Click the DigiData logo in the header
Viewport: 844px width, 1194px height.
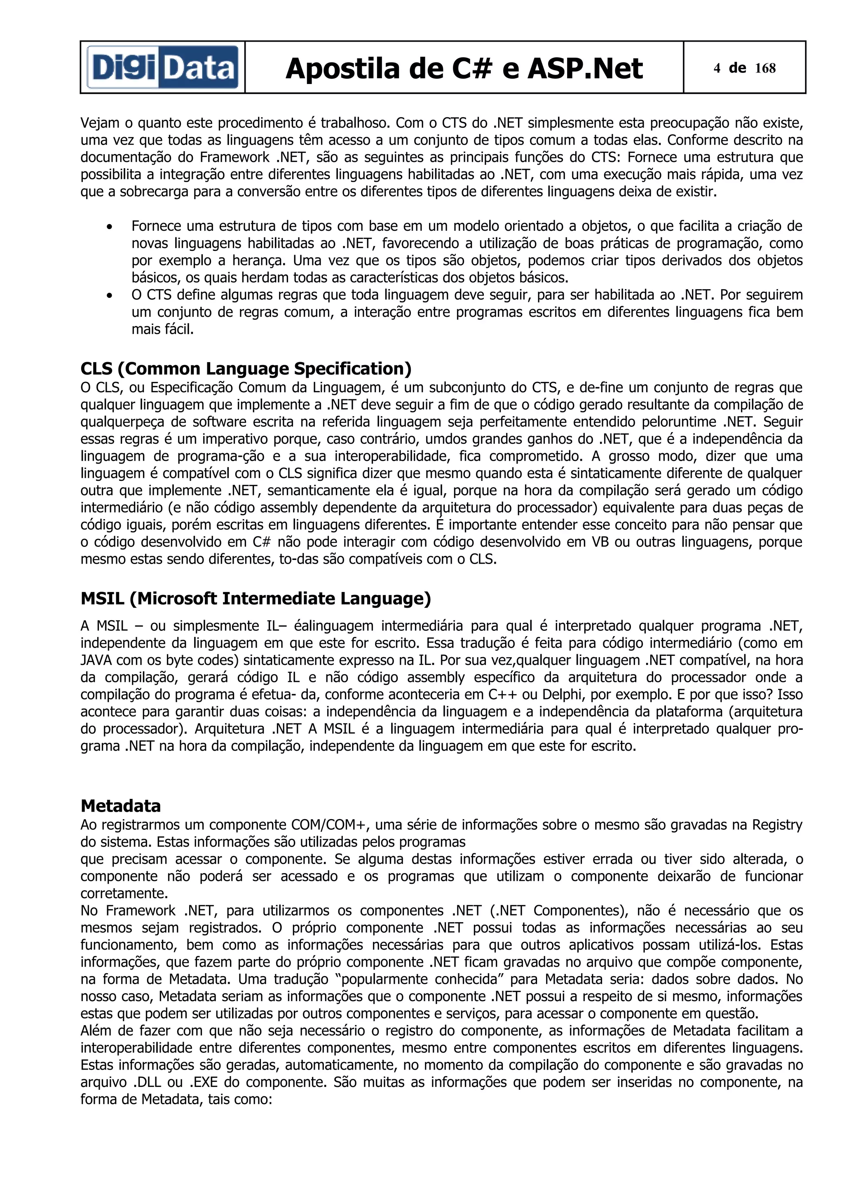[x=162, y=68]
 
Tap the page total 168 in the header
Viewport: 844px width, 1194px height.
[x=765, y=68]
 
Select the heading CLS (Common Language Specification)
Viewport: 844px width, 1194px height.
[x=246, y=368]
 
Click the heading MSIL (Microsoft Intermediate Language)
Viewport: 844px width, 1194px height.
[x=256, y=598]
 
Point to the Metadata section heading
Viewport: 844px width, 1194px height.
[x=121, y=805]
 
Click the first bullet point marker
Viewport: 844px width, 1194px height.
[x=109, y=227]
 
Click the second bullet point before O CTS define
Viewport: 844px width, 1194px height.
[x=109, y=295]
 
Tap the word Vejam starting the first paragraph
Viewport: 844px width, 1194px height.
[x=100, y=123]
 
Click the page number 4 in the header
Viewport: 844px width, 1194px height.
[x=717, y=68]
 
